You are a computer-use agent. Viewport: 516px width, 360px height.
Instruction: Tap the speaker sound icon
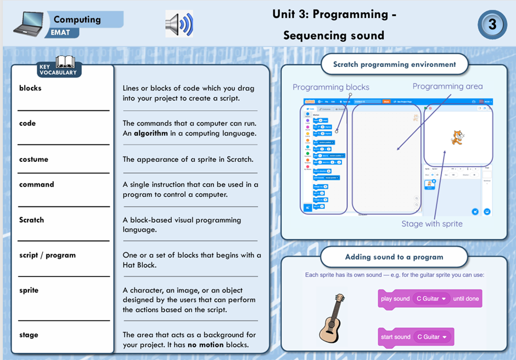point(179,24)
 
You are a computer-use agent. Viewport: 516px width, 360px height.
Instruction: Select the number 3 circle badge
point(492,25)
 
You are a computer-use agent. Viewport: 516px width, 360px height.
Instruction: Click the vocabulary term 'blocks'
point(30,88)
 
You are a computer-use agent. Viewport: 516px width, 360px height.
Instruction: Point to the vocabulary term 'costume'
point(33,159)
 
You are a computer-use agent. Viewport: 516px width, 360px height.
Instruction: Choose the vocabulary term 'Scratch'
point(31,220)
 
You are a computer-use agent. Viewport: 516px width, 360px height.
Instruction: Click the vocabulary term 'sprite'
point(29,290)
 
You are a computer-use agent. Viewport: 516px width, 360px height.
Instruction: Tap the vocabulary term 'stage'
point(29,335)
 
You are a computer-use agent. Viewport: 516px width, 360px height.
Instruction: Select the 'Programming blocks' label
point(330,87)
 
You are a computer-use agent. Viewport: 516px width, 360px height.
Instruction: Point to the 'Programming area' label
point(447,86)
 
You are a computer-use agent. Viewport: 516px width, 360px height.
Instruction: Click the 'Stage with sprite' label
point(431,223)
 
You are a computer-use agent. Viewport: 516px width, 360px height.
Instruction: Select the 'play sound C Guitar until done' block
point(430,299)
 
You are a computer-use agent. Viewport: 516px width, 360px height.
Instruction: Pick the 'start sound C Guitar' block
point(416,336)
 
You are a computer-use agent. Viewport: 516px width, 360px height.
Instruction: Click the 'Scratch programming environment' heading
point(394,64)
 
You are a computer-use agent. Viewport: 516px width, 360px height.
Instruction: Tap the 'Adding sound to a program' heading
point(394,257)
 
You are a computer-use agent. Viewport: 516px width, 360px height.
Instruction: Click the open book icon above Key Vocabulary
point(65,61)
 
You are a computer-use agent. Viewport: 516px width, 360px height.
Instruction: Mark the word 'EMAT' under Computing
point(60,32)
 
